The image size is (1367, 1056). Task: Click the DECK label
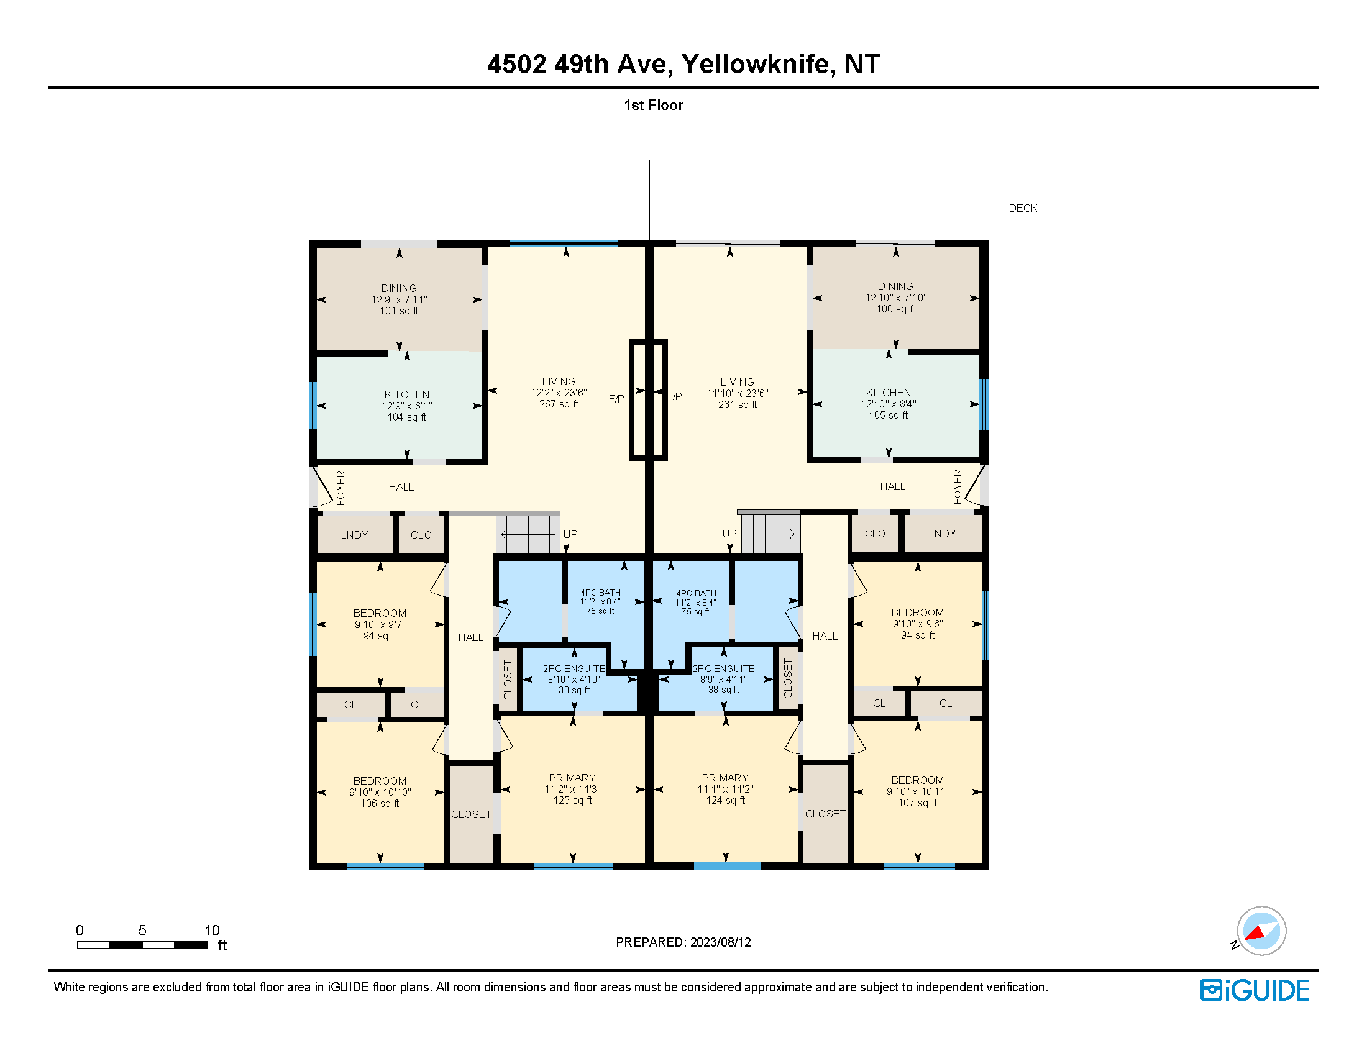(x=1023, y=208)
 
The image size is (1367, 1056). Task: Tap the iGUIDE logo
(x=1255, y=990)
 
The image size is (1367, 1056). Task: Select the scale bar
(x=143, y=945)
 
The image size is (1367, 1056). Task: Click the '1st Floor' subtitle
(x=654, y=105)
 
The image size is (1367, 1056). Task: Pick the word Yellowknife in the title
(x=758, y=64)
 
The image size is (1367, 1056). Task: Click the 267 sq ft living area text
(x=559, y=404)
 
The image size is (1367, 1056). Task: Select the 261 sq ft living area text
(x=738, y=405)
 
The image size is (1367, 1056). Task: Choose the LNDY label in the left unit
(x=354, y=535)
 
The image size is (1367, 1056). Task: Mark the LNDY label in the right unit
(x=942, y=534)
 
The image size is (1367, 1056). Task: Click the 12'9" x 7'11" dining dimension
(x=400, y=299)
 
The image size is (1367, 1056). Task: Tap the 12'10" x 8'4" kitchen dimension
(x=888, y=404)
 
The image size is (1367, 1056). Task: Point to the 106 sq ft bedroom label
(x=380, y=803)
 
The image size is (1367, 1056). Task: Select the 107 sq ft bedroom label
(x=918, y=803)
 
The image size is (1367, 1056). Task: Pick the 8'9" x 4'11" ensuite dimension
(x=723, y=680)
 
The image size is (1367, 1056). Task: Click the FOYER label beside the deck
(x=957, y=487)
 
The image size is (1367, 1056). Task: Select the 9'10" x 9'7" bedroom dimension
(x=380, y=624)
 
